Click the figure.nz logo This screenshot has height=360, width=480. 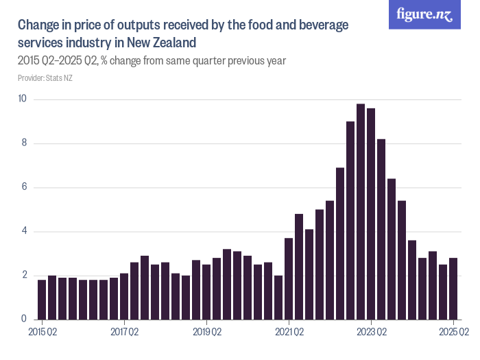tap(424, 14)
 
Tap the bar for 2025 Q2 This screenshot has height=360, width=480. tap(453, 289)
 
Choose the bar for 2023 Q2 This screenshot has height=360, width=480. tap(371, 214)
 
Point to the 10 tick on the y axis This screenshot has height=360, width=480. tap(23, 99)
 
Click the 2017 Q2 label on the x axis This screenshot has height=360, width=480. tap(124, 333)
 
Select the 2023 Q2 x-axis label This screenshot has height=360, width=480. tap(371, 333)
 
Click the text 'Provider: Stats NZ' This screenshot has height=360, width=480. tap(45, 78)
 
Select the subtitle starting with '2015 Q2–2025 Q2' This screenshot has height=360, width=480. tap(152, 61)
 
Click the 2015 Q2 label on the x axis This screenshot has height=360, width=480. tap(42, 333)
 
